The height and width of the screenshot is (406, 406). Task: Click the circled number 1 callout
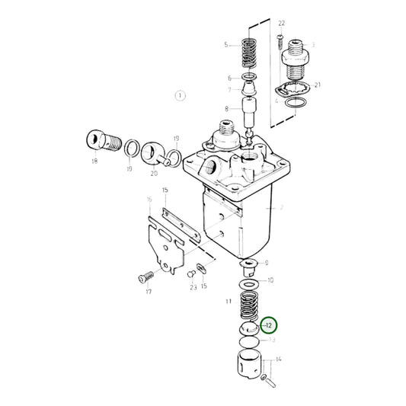[180, 96]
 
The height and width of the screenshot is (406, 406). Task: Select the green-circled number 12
[269, 325]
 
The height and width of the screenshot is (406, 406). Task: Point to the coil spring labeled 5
[249, 55]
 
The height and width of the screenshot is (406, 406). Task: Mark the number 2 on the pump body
[281, 207]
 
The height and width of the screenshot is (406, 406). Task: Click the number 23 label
[193, 288]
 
